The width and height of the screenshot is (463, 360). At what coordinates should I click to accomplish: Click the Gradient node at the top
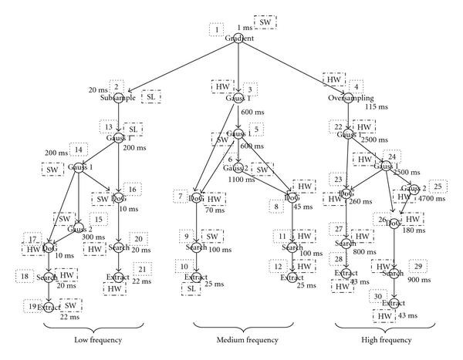click(x=240, y=39)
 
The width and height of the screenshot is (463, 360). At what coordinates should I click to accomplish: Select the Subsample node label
click(x=117, y=99)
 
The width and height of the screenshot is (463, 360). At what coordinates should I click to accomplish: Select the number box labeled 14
click(x=76, y=149)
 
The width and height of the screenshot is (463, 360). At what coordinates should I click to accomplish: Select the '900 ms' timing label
click(x=417, y=281)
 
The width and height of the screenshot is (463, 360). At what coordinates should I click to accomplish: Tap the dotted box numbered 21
click(x=143, y=269)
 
